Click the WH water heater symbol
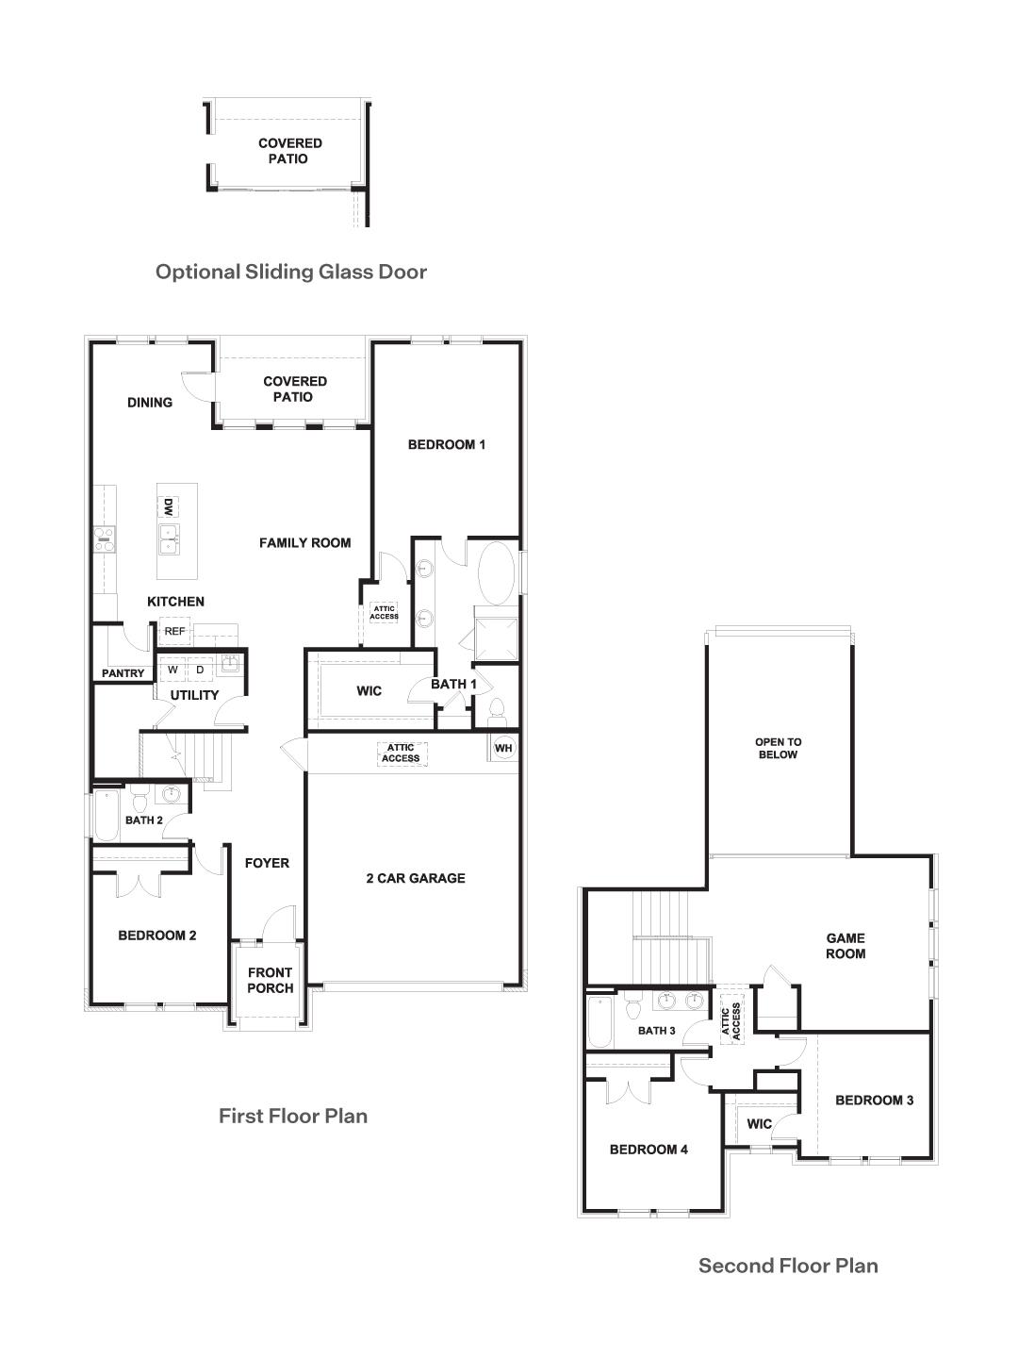(x=503, y=748)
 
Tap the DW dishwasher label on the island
(x=168, y=507)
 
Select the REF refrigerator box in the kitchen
(x=175, y=631)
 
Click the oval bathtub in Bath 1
(x=498, y=571)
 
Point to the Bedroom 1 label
(x=446, y=444)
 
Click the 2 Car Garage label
(x=415, y=878)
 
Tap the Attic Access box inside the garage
(x=402, y=753)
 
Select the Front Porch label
(x=270, y=980)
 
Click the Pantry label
(x=123, y=673)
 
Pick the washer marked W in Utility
(x=173, y=670)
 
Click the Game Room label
(x=846, y=945)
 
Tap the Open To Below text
(x=778, y=748)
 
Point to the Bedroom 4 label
(x=649, y=1149)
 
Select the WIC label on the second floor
(x=759, y=1123)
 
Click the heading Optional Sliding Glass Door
(x=290, y=272)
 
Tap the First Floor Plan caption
(x=292, y=1116)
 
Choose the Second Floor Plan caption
(x=788, y=1266)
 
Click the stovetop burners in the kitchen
(x=104, y=539)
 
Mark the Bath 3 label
(x=656, y=1031)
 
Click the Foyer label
(x=267, y=863)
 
